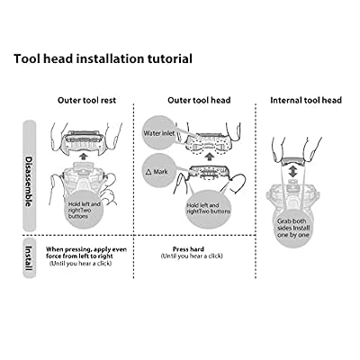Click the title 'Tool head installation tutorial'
coord(103,58)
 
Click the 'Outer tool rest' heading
coord(86,100)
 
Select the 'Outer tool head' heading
coord(199,100)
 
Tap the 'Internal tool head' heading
coord(306,100)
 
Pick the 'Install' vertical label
coord(29,258)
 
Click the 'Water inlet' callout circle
coord(159,133)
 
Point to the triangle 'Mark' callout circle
coord(159,171)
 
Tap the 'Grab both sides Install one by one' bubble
coord(293,228)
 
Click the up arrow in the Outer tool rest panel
coord(85,156)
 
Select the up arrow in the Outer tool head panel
coord(211,156)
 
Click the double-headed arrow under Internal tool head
coord(292,172)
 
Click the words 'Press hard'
coord(188,249)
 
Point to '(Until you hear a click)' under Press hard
coord(192,256)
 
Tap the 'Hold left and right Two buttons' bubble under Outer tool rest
coord(84,210)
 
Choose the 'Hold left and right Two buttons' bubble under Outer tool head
coord(207,209)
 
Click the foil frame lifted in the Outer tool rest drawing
coord(85,140)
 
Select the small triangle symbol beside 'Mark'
coord(148,172)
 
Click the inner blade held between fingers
coord(292,160)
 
